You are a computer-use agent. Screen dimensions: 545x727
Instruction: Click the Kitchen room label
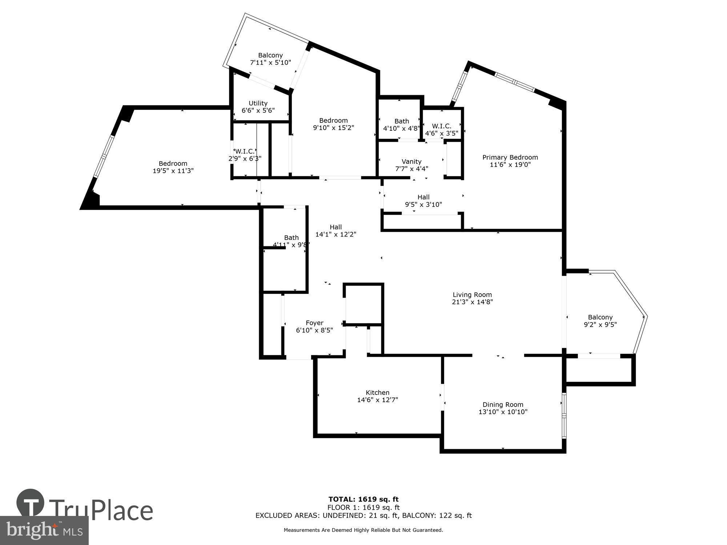tap(377, 392)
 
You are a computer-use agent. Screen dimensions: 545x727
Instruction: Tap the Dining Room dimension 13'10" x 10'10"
tap(503, 412)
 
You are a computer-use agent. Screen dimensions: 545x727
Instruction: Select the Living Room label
tap(472, 295)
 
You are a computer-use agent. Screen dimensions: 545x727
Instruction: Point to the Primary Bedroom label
tap(510, 157)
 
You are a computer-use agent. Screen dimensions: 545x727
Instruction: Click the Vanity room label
tap(411, 161)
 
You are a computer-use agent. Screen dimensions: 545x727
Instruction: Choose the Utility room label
tap(258, 103)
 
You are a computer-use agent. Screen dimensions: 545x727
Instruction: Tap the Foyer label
tap(314, 323)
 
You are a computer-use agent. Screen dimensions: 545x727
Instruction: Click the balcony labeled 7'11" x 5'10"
tap(270, 59)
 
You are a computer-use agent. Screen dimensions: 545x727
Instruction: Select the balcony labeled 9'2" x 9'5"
tap(600, 321)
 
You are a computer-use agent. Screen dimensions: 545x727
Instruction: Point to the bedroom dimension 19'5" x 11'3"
tap(173, 171)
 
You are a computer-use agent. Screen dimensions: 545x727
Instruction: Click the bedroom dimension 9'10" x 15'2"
tap(333, 128)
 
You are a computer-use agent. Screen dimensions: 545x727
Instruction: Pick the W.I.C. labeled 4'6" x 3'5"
tap(442, 129)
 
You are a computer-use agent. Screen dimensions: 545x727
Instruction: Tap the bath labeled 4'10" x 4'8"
tap(401, 125)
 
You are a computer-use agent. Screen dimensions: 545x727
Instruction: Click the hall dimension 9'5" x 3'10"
tap(423, 204)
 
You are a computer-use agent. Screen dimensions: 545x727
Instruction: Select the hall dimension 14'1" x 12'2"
tap(336, 234)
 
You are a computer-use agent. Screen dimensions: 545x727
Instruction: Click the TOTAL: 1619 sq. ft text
tap(363, 499)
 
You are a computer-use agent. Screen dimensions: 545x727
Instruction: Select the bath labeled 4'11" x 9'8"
tap(291, 241)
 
